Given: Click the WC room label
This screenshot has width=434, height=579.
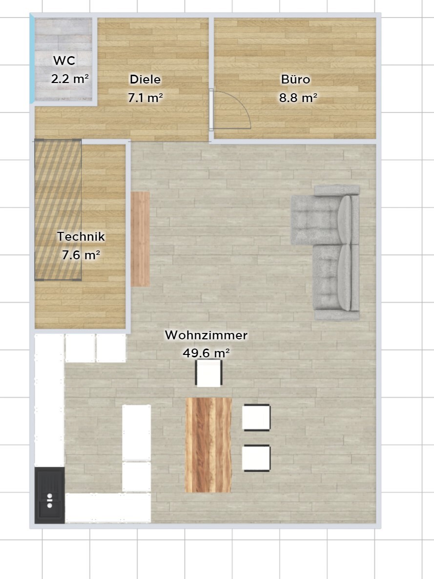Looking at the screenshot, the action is (x=64, y=60).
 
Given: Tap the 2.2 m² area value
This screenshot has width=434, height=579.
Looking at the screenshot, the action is (x=70, y=79).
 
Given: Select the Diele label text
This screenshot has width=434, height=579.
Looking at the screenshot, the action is (x=145, y=79).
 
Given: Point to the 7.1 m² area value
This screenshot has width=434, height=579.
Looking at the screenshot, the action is (x=145, y=98).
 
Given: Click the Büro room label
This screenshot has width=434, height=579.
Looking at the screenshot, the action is (x=295, y=79).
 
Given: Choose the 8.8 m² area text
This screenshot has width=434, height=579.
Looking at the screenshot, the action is (x=298, y=98).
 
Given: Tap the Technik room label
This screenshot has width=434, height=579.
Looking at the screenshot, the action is (x=81, y=236).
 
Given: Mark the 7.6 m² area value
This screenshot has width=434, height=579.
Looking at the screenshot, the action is (x=81, y=255).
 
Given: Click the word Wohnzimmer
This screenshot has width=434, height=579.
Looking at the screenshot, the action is (x=206, y=335).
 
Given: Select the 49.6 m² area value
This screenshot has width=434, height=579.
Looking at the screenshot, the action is (x=206, y=353).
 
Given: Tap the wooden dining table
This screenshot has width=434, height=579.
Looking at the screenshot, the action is (x=208, y=445).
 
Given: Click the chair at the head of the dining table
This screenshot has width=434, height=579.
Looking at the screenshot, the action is (x=208, y=373).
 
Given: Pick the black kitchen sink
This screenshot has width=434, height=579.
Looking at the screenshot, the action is (x=50, y=495).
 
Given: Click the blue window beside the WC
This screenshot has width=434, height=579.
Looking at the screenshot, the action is (x=32, y=59).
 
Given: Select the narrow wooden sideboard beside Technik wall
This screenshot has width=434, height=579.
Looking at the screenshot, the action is (x=141, y=239).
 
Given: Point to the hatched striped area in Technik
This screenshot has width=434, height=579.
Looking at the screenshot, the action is (x=58, y=210).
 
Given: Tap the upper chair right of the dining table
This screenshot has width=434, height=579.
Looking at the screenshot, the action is (x=256, y=417).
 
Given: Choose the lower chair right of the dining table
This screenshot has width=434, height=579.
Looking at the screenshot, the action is (x=256, y=458).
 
